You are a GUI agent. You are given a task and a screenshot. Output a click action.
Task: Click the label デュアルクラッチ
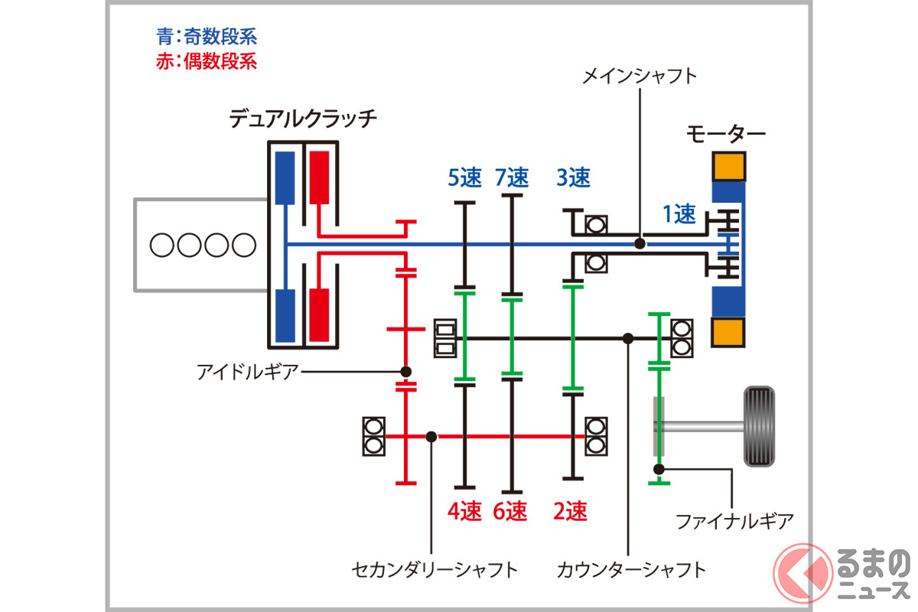[x=304, y=119]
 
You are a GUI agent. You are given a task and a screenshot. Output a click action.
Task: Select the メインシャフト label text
[x=640, y=76]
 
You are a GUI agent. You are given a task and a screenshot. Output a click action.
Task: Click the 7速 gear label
[x=512, y=177]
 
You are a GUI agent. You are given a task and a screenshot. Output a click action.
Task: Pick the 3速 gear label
[x=574, y=177]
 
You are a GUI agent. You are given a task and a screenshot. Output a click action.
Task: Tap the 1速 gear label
[x=679, y=215]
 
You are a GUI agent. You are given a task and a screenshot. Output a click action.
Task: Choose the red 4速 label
[x=464, y=510]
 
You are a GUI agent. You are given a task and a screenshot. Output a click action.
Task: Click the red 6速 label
[x=510, y=510]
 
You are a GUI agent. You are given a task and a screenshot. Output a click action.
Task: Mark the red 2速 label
[x=570, y=510]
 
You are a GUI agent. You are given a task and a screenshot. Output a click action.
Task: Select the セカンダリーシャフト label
[x=435, y=569]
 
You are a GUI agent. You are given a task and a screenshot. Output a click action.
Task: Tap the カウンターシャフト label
[x=632, y=569]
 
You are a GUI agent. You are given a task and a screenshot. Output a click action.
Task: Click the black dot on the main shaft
[x=640, y=244]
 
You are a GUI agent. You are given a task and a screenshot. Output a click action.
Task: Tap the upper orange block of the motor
[x=729, y=167]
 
